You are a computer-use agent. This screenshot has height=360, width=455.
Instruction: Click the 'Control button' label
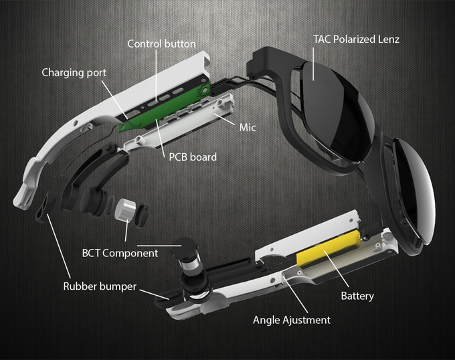coord(161,44)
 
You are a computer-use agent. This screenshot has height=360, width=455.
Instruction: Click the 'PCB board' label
coord(192,157)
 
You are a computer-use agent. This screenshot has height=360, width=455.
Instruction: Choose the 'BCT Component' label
coord(120,253)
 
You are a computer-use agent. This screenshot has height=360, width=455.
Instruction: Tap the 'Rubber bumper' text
coord(100,286)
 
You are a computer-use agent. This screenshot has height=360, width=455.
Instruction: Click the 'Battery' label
coord(357,295)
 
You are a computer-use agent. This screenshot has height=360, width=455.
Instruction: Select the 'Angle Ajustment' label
coord(291,320)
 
